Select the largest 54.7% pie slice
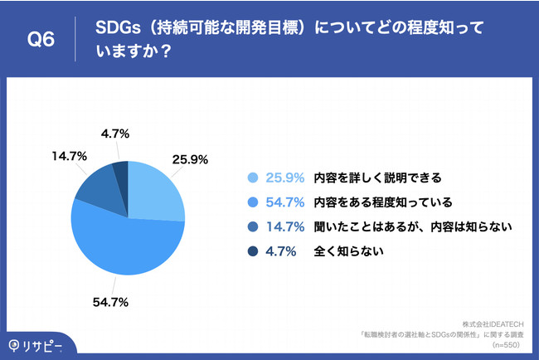coord(127,244)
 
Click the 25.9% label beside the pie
coord(190,159)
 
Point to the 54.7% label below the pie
coord(110,302)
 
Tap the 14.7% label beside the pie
coord(70,157)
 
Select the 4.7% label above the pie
coord(115,134)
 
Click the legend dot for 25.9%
coord(253,178)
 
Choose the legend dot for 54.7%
coord(253,202)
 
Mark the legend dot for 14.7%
coord(253,227)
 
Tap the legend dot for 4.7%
coord(253,251)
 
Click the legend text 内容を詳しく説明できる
coord(377,178)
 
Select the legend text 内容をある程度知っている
coord(383,202)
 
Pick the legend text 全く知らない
coord(348,251)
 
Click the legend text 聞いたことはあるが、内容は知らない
coord(413,227)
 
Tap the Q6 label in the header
coord(41,39)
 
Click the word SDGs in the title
coord(118,27)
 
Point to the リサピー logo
coord(36,346)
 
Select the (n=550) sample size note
coord(506,345)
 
